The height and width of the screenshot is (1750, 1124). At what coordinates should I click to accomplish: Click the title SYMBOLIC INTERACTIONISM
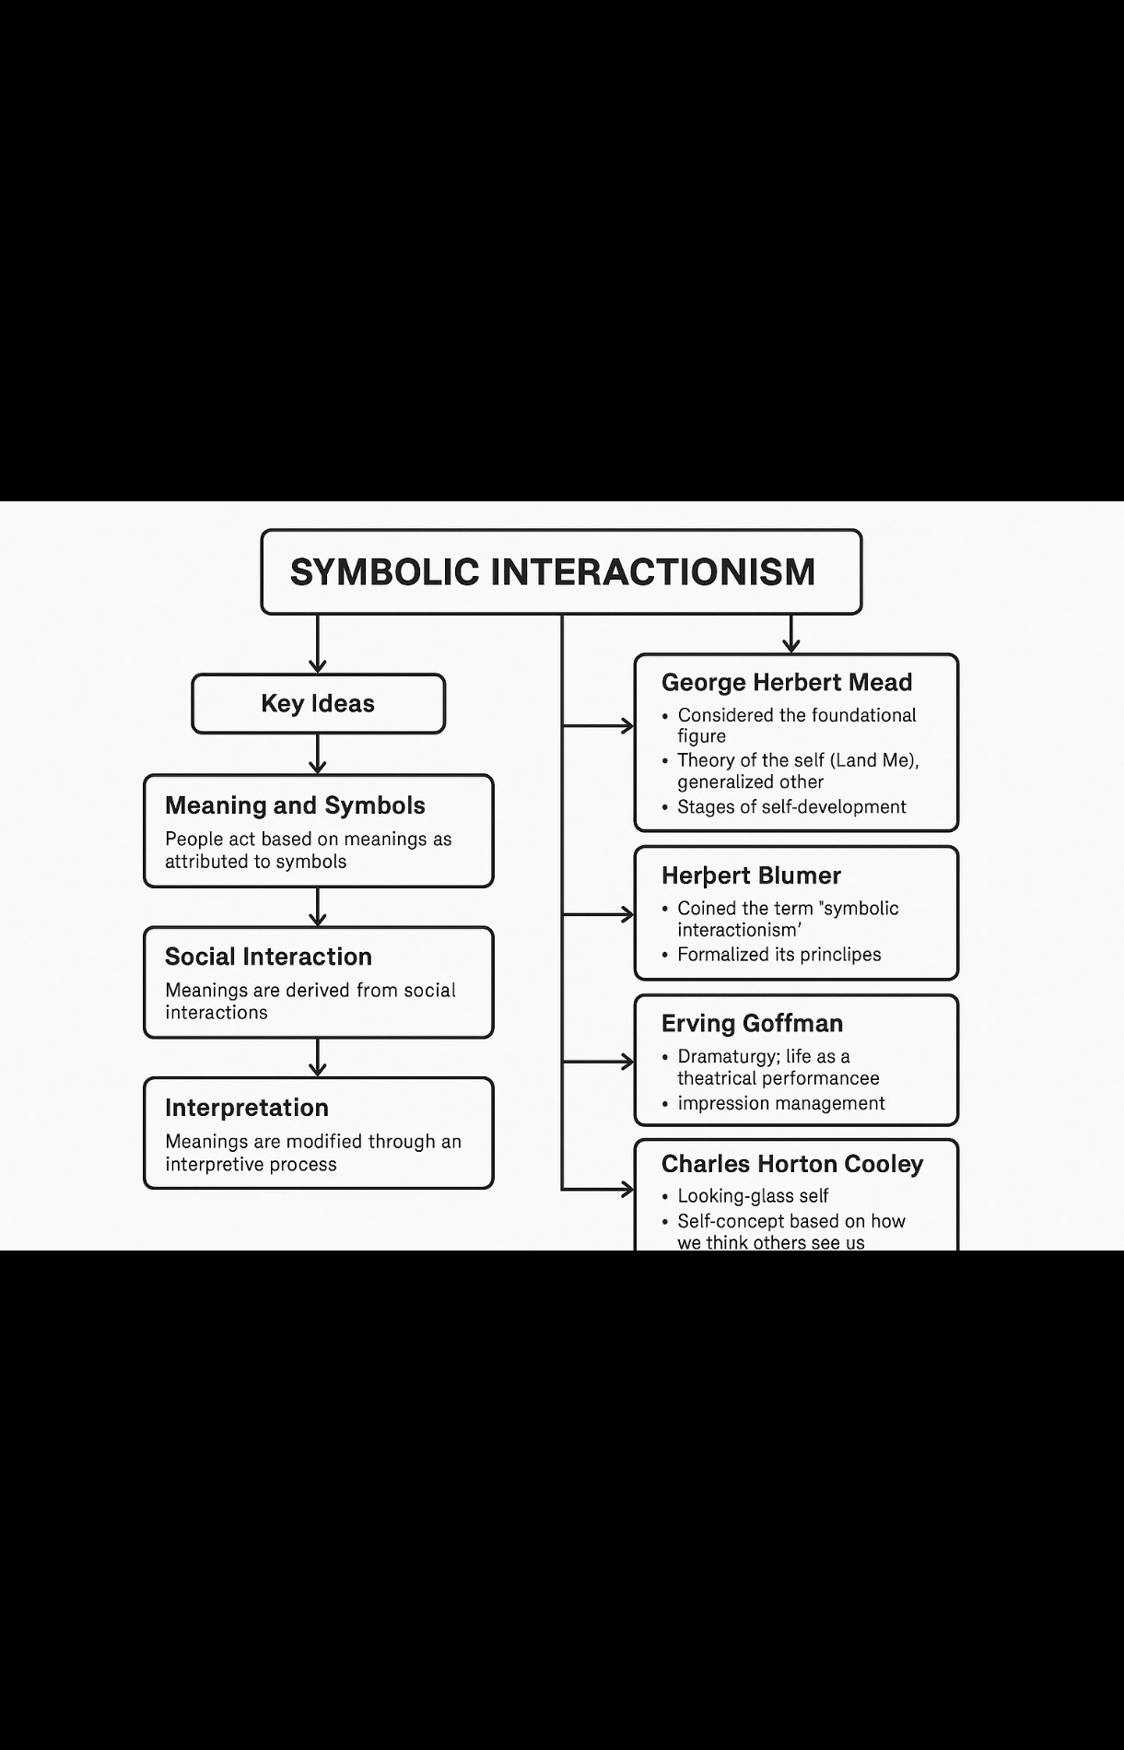click(x=553, y=572)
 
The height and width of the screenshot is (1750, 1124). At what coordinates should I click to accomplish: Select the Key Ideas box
click(x=318, y=704)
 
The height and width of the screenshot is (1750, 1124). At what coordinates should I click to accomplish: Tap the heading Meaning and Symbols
click(x=295, y=805)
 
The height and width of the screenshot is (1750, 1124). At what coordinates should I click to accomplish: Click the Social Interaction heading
click(x=268, y=957)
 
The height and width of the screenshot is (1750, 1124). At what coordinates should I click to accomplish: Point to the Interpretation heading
click(x=247, y=1108)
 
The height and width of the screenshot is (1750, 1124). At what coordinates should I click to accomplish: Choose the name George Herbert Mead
click(x=787, y=683)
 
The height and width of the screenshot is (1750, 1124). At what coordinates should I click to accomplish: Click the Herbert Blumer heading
click(x=751, y=875)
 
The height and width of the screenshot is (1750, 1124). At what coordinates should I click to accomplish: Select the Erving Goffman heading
click(x=752, y=1024)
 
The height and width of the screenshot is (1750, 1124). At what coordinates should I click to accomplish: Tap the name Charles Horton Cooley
click(x=791, y=1164)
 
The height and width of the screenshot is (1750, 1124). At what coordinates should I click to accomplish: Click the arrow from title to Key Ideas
click(x=318, y=645)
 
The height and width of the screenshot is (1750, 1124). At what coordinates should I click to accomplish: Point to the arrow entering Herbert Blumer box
click(x=599, y=914)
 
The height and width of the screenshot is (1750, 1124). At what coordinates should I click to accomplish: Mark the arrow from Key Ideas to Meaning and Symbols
click(x=318, y=754)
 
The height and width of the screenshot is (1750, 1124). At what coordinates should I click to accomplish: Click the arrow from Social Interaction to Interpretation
click(x=318, y=1058)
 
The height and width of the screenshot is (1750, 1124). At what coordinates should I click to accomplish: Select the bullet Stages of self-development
click(x=791, y=807)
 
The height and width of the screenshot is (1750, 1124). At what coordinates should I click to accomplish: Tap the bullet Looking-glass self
click(x=753, y=1196)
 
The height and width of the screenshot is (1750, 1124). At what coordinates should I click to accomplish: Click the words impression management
click(x=781, y=1104)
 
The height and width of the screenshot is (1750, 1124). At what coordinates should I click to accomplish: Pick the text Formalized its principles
click(x=779, y=955)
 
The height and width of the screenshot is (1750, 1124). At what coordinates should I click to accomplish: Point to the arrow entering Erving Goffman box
click(x=599, y=1062)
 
